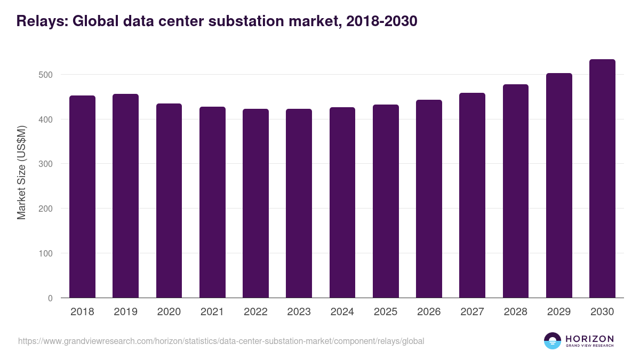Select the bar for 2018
tap(82, 197)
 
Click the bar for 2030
tap(602, 179)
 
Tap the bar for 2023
tap(299, 203)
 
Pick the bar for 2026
tap(429, 199)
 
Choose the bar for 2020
tap(169, 201)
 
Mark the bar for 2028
tap(516, 191)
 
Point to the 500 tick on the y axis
tap(45, 75)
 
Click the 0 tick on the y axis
tap(50, 298)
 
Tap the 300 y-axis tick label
tap(45, 164)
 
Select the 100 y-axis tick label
tap(45, 253)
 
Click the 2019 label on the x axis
tap(125, 312)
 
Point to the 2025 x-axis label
tap(386, 312)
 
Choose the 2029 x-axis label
tap(559, 312)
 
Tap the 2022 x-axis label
tap(255, 312)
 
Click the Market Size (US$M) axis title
tap(21, 172)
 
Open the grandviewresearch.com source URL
tap(221, 341)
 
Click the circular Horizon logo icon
tap(553, 341)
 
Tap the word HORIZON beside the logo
tap(590, 339)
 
